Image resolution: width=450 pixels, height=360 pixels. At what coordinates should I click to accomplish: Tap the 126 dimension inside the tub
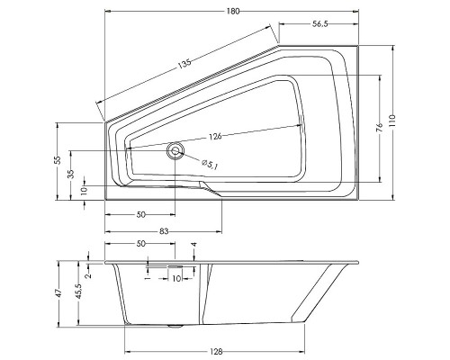pos(214,136)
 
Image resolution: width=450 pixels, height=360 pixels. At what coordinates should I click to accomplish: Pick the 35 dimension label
pos(71,174)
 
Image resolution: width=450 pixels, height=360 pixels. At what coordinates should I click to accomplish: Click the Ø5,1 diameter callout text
pos(207,163)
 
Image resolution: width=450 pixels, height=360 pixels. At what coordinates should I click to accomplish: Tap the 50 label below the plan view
pos(141,216)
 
